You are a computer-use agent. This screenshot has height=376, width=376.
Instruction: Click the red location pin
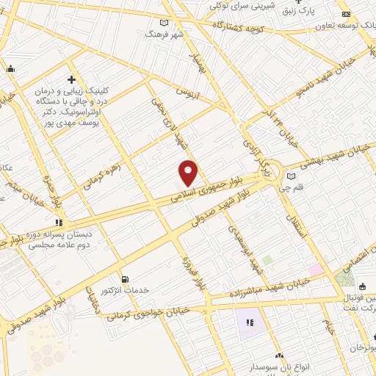[189, 173]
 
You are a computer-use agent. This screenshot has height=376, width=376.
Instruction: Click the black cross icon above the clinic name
[71, 79]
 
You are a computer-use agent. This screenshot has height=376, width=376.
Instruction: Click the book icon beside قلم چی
[292, 176]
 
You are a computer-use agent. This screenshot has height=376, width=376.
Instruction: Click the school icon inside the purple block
[249, 322]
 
